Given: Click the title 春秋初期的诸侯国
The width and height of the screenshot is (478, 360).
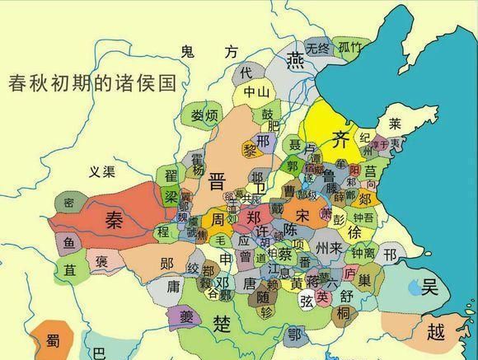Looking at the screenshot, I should (x=92, y=83).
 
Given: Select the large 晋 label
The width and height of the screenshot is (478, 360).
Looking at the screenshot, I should (x=218, y=181).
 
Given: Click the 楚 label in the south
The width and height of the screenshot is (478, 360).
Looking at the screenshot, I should (x=220, y=320).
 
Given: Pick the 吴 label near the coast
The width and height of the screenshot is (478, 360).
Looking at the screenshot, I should (x=430, y=288).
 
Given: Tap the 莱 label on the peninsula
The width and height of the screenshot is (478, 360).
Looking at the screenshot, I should (x=395, y=124).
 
